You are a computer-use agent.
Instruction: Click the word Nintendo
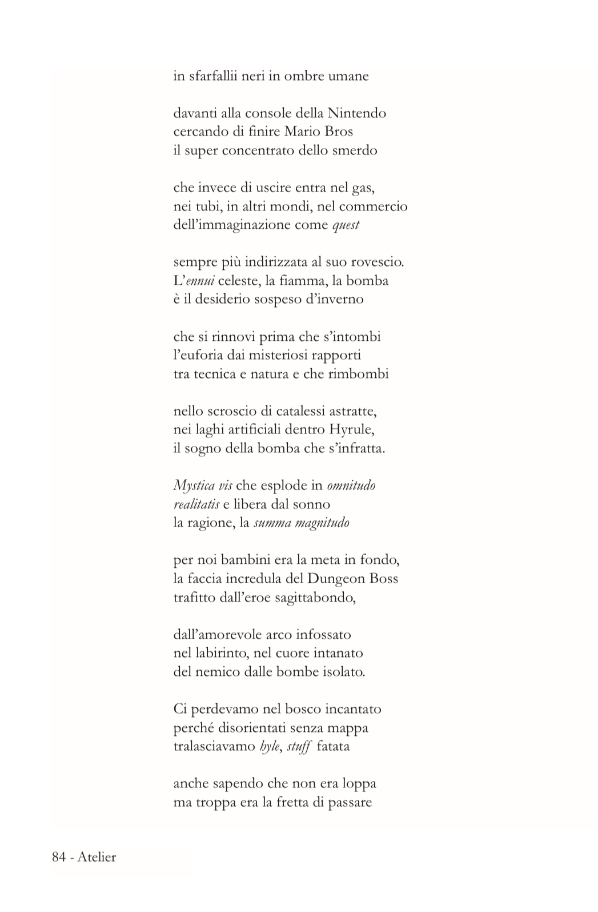tap(358, 113)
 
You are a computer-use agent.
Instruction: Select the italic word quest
tap(346, 225)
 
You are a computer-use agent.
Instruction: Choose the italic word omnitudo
tap(351, 485)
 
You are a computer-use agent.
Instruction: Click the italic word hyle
tap(270, 747)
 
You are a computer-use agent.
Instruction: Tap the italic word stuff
tap(299, 747)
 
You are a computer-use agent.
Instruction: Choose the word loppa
tap(358, 784)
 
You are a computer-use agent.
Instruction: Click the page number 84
tap(59, 857)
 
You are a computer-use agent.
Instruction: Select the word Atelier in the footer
tap(97, 857)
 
